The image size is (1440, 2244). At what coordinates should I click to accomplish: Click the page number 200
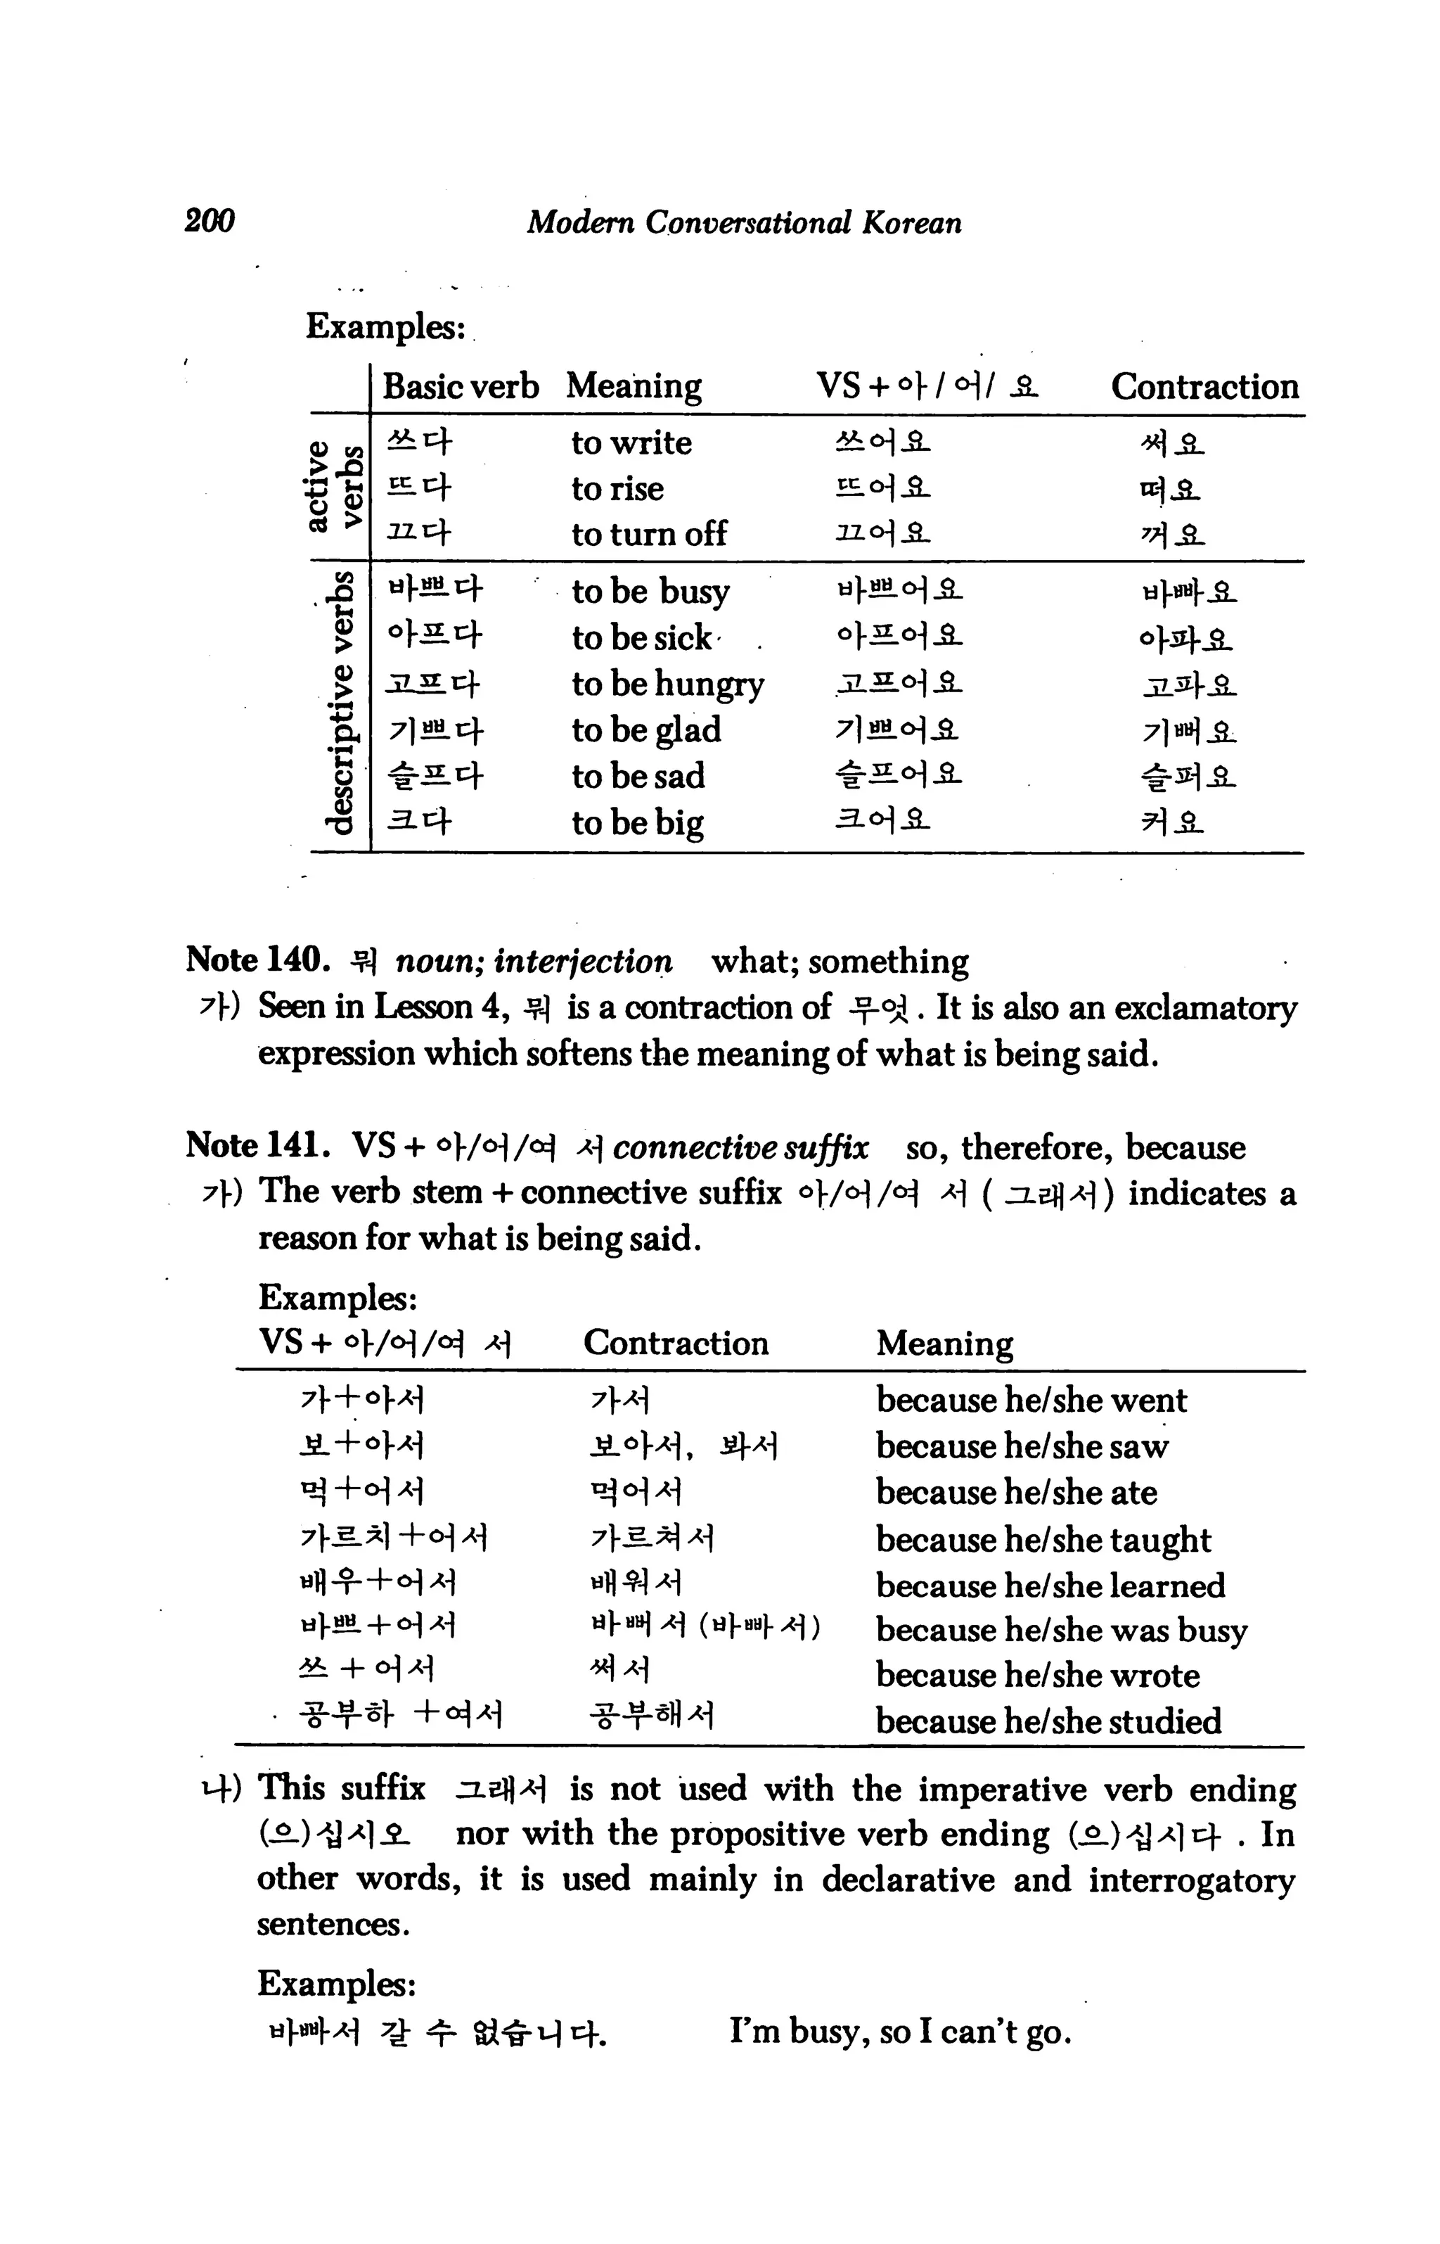pos(210,222)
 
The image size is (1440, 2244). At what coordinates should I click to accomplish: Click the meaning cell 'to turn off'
pos(649,534)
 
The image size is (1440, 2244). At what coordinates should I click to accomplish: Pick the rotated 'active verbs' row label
pos(333,486)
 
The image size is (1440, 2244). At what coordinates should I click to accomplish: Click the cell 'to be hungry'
pos(668,684)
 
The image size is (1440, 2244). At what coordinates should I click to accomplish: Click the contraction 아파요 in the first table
pos(1185,639)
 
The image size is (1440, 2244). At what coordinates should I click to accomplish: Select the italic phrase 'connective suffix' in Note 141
pos(740,1148)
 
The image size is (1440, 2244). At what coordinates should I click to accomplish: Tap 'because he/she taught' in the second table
pos(1043,1538)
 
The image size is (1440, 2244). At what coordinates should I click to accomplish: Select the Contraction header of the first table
pos(1204,386)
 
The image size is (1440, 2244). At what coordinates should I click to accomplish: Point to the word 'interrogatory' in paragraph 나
pos(1191,1880)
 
